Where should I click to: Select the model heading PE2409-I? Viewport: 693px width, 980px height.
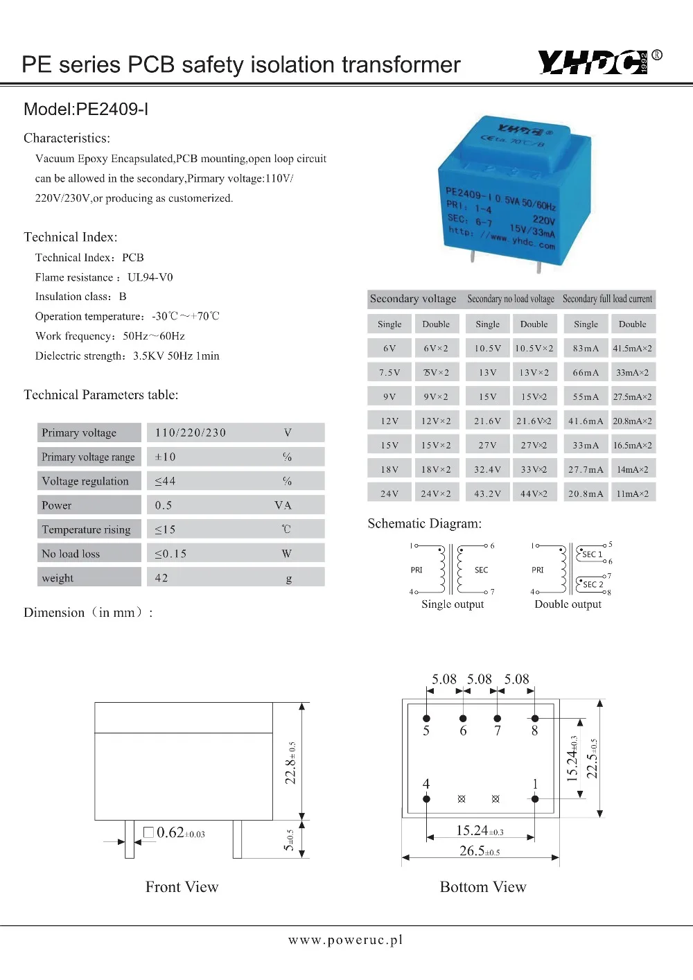point(86,110)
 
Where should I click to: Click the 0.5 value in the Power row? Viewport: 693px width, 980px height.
point(164,505)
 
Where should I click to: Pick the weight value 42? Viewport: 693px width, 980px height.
point(161,578)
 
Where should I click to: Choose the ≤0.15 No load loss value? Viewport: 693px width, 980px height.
point(170,554)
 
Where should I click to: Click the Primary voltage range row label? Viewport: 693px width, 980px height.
point(88,457)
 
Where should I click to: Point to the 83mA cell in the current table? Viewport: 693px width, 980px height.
point(586,349)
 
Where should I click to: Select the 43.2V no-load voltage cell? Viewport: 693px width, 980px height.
point(487,494)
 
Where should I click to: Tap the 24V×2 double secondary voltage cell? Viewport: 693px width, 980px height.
point(436,494)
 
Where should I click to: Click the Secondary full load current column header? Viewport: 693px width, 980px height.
point(607,299)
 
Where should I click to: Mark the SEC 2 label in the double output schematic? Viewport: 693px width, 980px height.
point(593,584)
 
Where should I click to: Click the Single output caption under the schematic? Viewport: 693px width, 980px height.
point(453,604)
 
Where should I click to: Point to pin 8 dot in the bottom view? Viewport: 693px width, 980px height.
point(534,718)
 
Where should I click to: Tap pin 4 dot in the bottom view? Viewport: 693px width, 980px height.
point(426,799)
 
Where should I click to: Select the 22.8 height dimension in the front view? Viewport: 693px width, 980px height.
point(291,762)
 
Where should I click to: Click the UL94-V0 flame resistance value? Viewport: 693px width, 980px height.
point(150,277)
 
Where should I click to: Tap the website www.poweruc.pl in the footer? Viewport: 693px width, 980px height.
point(345,940)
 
